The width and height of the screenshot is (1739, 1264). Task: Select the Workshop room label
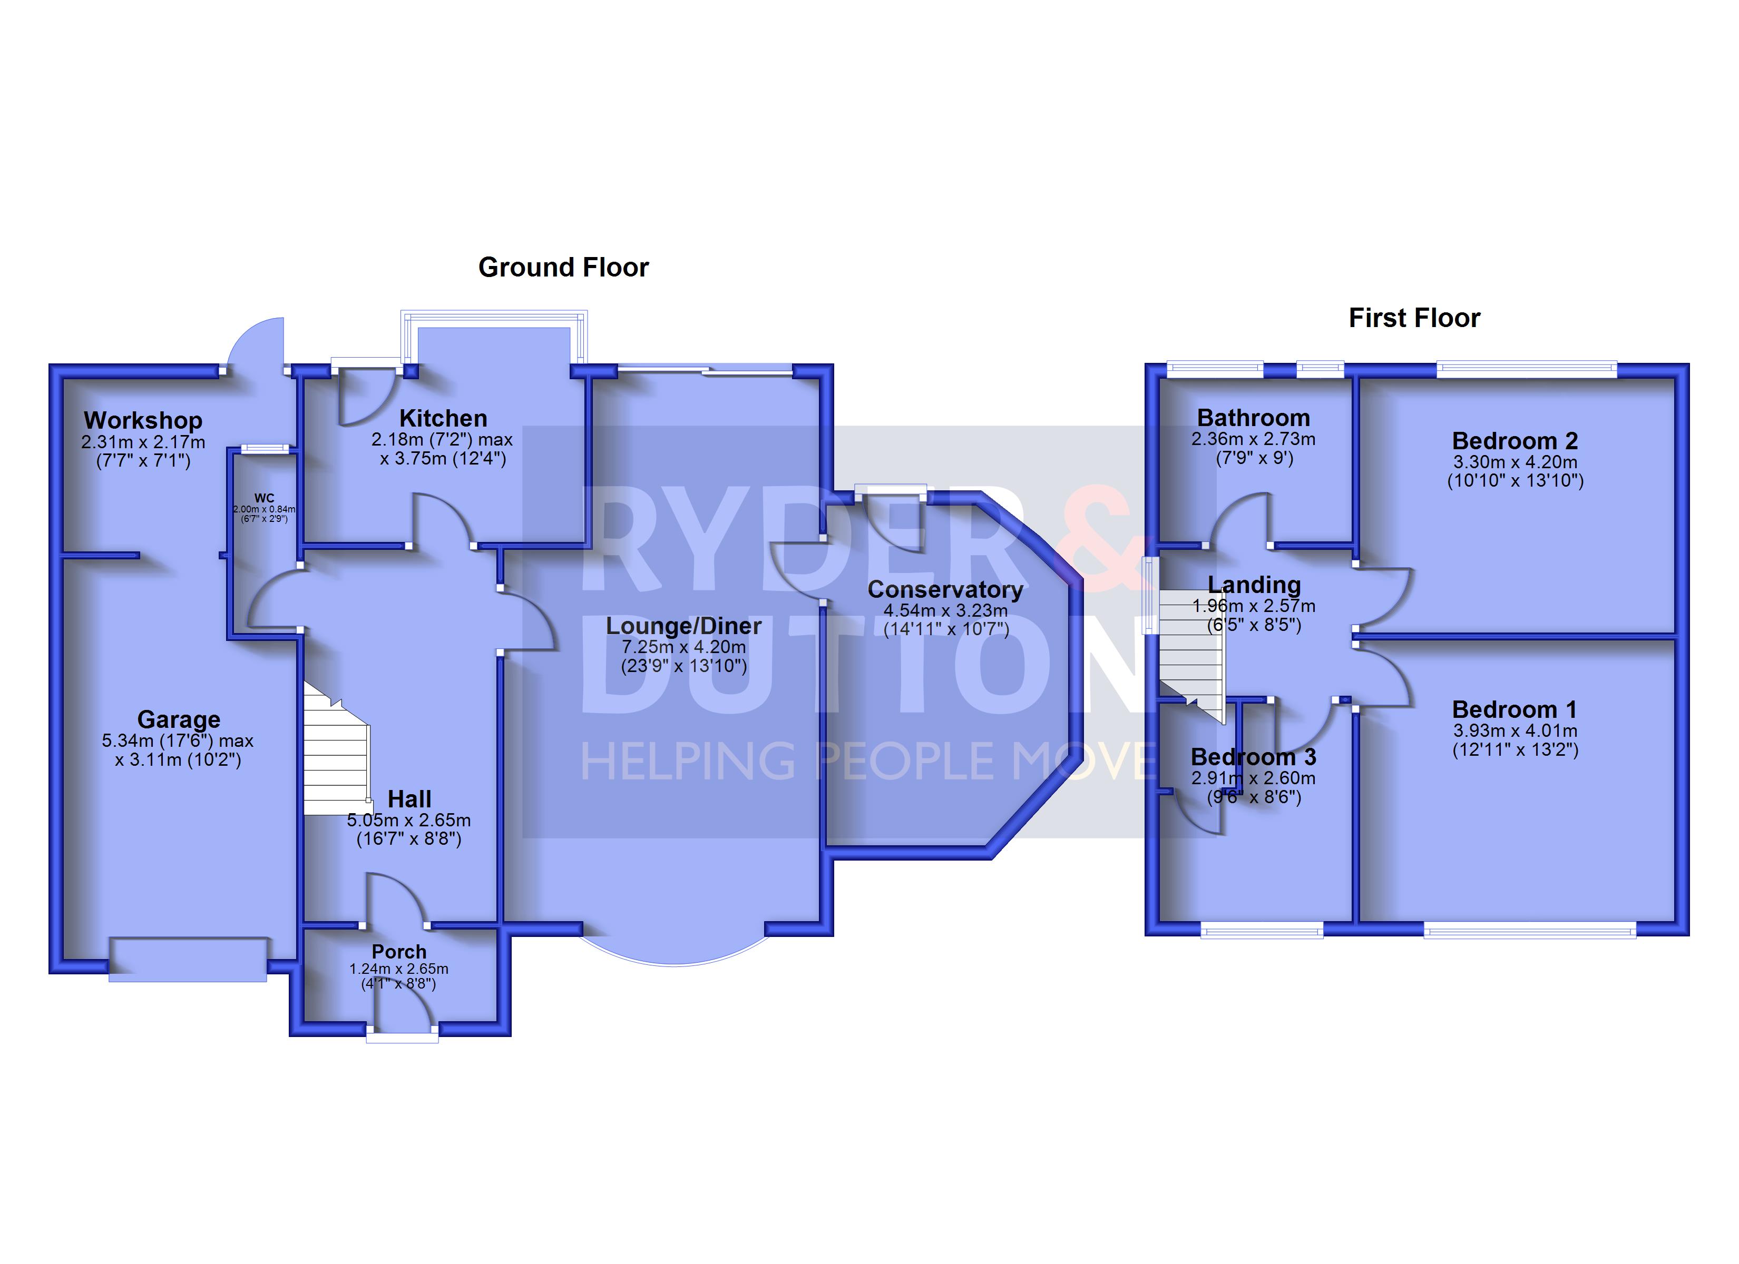click(x=143, y=420)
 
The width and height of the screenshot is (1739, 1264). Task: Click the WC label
click(x=264, y=498)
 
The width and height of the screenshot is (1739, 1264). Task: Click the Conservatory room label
click(x=945, y=589)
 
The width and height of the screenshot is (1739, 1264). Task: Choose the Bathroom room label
click(x=1254, y=418)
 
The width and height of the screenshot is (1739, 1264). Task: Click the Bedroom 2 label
click(x=1515, y=441)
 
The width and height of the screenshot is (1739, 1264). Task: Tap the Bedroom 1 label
click(x=1515, y=710)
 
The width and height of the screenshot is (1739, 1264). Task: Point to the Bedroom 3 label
click(x=1254, y=757)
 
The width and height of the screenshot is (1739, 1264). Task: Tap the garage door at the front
click(x=188, y=959)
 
